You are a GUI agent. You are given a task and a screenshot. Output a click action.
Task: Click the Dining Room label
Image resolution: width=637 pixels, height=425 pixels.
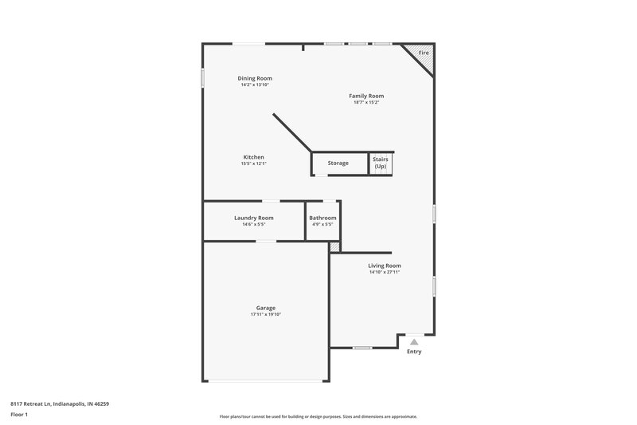pyautogui.click(x=255, y=78)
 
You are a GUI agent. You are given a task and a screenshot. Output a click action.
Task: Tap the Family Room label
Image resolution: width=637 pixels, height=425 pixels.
pyautogui.click(x=366, y=96)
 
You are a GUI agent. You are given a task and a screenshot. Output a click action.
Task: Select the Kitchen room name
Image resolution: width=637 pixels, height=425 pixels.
pyautogui.click(x=253, y=157)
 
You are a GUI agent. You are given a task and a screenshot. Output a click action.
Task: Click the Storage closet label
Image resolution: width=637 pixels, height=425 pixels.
pyautogui.click(x=338, y=163)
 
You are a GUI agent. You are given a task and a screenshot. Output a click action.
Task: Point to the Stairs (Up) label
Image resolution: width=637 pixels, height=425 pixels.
pyautogui.click(x=381, y=163)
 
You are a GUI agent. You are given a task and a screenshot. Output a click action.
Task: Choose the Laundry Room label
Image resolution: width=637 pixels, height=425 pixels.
pyautogui.click(x=253, y=218)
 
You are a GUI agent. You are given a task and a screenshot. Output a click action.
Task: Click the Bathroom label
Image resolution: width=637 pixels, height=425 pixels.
pyautogui.click(x=322, y=218)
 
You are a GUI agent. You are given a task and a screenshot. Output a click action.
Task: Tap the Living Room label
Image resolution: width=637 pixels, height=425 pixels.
pyautogui.click(x=384, y=266)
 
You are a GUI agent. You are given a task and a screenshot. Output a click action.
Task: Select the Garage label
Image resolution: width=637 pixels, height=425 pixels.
pyautogui.click(x=265, y=308)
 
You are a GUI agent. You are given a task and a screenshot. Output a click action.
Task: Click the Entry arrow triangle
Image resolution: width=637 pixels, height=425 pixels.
pyautogui.click(x=414, y=341)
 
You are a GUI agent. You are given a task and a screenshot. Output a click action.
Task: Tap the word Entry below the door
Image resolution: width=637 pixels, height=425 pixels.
pyautogui.click(x=414, y=352)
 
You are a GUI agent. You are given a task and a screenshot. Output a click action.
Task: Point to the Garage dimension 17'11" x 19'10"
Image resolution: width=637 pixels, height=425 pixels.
pyautogui.click(x=265, y=315)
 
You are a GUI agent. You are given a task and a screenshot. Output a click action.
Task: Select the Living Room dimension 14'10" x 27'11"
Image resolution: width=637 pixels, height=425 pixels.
pyautogui.click(x=384, y=273)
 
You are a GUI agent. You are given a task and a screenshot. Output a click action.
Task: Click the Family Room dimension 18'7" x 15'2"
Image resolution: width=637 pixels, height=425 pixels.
pyautogui.click(x=366, y=103)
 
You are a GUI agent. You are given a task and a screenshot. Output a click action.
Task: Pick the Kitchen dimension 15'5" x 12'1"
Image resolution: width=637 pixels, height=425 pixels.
pyautogui.click(x=253, y=164)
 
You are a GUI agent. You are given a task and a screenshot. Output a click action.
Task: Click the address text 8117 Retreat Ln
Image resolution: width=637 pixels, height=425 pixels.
pyautogui.click(x=59, y=403)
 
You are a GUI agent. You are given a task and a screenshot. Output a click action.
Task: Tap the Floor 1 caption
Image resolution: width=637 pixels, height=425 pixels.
pyautogui.click(x=20, y=415)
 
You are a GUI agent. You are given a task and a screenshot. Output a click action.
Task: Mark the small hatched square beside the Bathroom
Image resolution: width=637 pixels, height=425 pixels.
pyautogui.click(x=334, y=247)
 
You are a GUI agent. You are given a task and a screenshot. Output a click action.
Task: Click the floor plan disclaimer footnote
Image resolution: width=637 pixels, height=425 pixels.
pyautogui.click(x=318, y=416)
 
